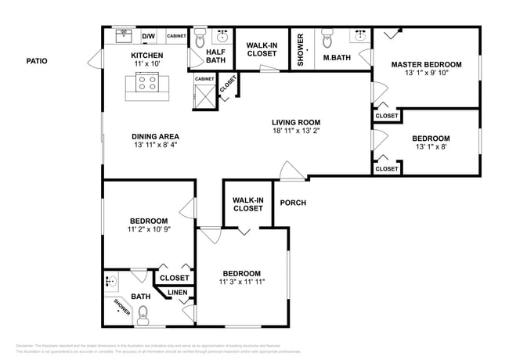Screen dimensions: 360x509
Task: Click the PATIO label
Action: (38, 60)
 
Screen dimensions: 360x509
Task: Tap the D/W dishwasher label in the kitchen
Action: (148, 36)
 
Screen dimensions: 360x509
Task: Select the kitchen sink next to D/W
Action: (123, 35)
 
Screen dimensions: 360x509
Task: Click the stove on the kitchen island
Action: (146, 81)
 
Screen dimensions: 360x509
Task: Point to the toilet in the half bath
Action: (200, 36)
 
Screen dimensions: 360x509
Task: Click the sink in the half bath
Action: (222, 36)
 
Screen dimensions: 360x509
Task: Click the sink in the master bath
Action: (361, 36)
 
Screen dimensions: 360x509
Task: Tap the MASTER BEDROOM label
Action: (427, 64)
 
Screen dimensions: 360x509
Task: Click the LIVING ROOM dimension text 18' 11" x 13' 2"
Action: (296, 132)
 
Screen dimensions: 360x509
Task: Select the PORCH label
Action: (293, 203)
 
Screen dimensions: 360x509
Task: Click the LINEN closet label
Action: (177, 293)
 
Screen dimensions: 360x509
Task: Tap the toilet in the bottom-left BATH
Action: (143, 315)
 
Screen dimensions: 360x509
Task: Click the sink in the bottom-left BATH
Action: (110, 281)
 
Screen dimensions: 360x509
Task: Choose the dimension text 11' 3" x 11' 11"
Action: (242, 283)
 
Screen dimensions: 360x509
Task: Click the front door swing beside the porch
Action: (289, 170)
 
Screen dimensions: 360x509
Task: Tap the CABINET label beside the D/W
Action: (176, 36)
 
